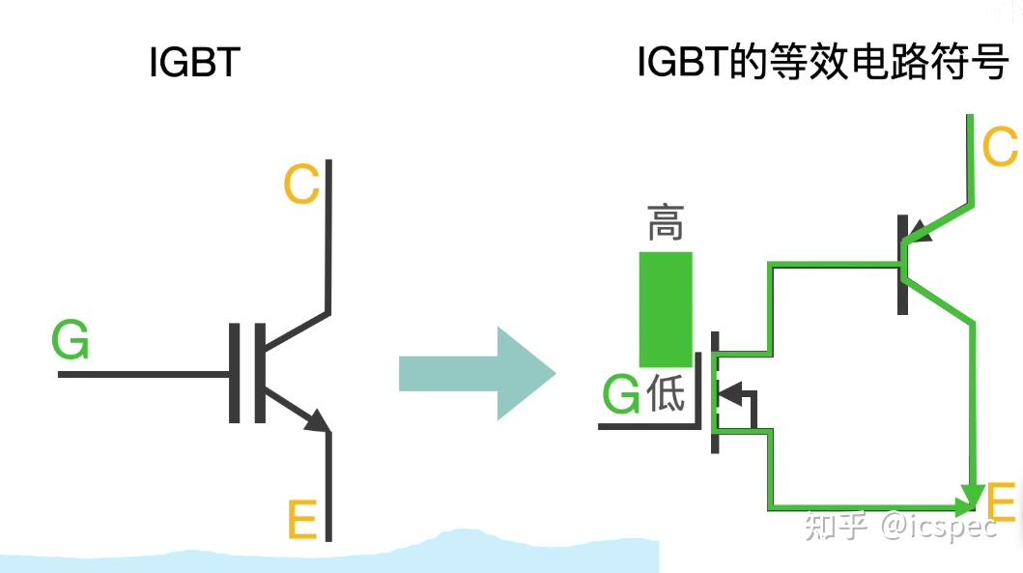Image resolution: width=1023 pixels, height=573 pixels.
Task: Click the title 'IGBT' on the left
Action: click(194, 64)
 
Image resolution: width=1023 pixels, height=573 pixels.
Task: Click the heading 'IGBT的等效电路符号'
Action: click(823, 64)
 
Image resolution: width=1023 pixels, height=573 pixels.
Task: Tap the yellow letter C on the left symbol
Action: click(301, 185)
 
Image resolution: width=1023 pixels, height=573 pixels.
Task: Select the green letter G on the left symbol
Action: click(71, 342)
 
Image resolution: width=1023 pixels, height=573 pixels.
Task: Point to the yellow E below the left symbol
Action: click(302, 521)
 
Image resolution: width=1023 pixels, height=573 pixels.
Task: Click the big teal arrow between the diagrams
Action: click(477, 373)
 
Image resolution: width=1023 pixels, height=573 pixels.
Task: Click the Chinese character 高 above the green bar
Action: click(666, 223)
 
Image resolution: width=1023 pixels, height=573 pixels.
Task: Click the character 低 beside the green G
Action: click(666, 392)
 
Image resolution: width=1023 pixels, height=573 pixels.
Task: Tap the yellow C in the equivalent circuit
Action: click(1000, 149)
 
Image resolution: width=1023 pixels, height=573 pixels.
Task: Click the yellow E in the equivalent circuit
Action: click(1001, 502)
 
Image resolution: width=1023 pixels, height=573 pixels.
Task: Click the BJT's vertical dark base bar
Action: click(902, 262)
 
